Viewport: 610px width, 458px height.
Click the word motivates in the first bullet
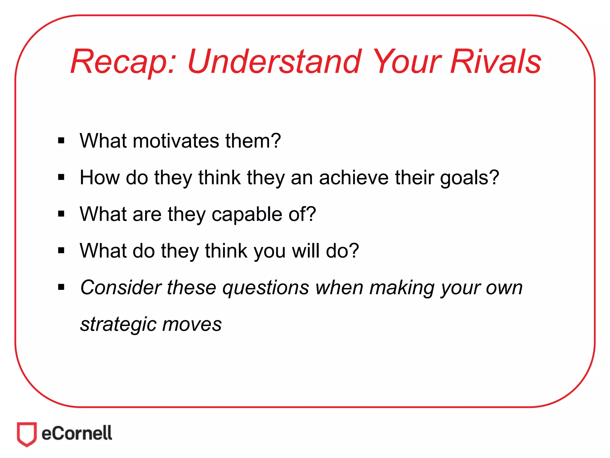[x=176, y=141]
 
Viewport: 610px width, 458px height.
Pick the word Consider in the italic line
[x=121, y=287]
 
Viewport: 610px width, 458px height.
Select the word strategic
[x=118, y=324]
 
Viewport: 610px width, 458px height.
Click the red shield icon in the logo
[x=27, y=434]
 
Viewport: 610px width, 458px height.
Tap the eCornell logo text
[x=77, y=433]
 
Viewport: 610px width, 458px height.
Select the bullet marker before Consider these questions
[x=61, y=287]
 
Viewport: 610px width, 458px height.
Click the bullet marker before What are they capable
[x=61, y=214]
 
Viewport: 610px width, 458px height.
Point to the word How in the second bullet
[x=99, y=178]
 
